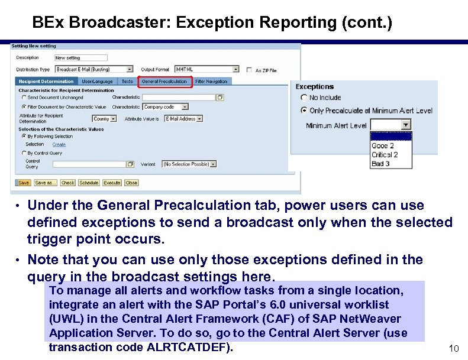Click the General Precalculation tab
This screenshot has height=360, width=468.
tap(165, 82)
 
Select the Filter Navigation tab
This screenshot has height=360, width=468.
tap(211, 82)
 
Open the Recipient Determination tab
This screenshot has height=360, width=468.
tap(46, 82)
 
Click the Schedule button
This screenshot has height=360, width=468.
tap(89, 183)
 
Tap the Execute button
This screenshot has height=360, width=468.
tap(112, 183)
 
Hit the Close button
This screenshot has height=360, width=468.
tap(131, 183)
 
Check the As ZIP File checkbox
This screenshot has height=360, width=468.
tap(249, 70)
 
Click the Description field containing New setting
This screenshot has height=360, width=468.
tap(80, 58)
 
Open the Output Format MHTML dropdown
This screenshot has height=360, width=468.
tap(201, 70)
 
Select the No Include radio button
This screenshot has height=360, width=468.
tap(304, 98)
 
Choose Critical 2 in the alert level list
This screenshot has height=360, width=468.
tap(385, 155)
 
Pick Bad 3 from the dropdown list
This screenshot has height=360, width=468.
tap(380, 164)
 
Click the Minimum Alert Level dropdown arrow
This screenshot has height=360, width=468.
tap(406, 125)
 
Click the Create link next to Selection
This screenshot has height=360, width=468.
tap(59, 144)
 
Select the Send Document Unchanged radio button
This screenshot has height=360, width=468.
tap(24, 98)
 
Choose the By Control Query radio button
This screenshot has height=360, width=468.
tap(24, 153)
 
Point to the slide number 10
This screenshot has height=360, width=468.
tap(453, 349)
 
